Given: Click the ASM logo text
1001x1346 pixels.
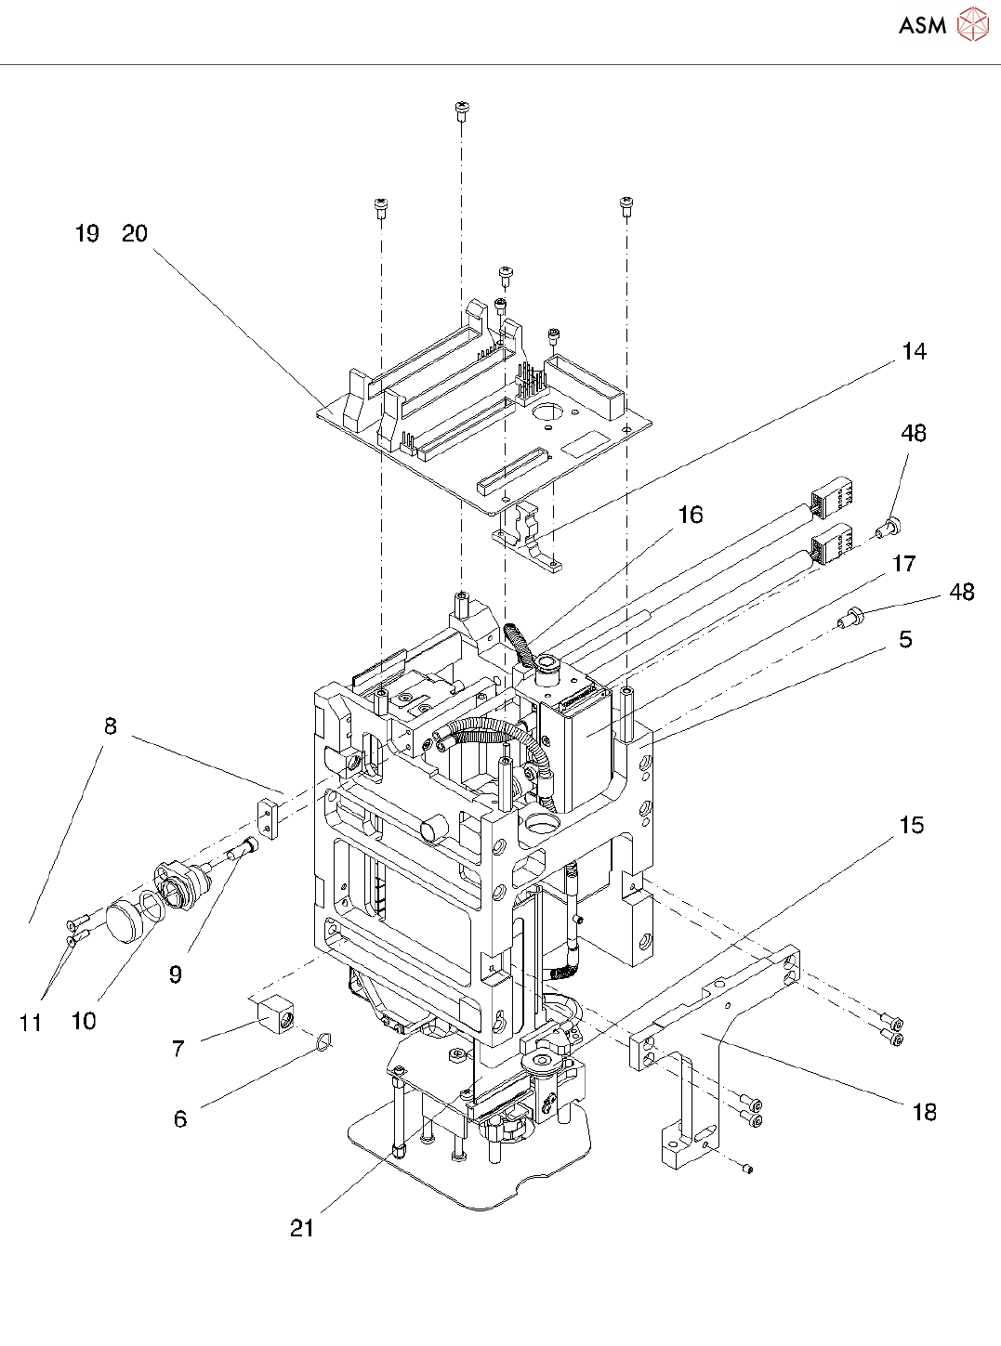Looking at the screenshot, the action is [x=922, y=25].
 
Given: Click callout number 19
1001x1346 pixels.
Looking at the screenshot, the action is [x=86, y=234].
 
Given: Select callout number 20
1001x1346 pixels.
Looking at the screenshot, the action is [x=135, y=234].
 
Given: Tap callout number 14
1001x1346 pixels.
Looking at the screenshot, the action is [x=915, y=351].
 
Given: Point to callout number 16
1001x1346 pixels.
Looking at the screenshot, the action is [x=691, y=515].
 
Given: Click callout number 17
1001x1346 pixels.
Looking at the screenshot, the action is [x=903, y=564].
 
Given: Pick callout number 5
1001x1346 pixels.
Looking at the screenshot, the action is [x=905, y=639].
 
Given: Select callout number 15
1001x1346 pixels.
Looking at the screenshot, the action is [x=912, y=825].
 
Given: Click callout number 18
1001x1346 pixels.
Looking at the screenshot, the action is [x=925, y=1112].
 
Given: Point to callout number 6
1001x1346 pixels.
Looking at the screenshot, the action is [x=180, y=1119].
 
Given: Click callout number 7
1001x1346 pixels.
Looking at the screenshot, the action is [x=178, y=1048].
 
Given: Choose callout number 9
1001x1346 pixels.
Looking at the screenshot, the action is [x=176, y=974].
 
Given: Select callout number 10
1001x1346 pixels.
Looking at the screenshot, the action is [x=84, y=1021].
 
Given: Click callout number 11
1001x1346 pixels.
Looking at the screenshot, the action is [x=31, y=1023].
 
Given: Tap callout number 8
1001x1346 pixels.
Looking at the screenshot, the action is [x=110, y=725].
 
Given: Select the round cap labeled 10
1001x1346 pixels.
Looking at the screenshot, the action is [x=124, y=924].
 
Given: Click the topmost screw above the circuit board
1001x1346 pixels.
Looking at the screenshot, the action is [x=462, y=111].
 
